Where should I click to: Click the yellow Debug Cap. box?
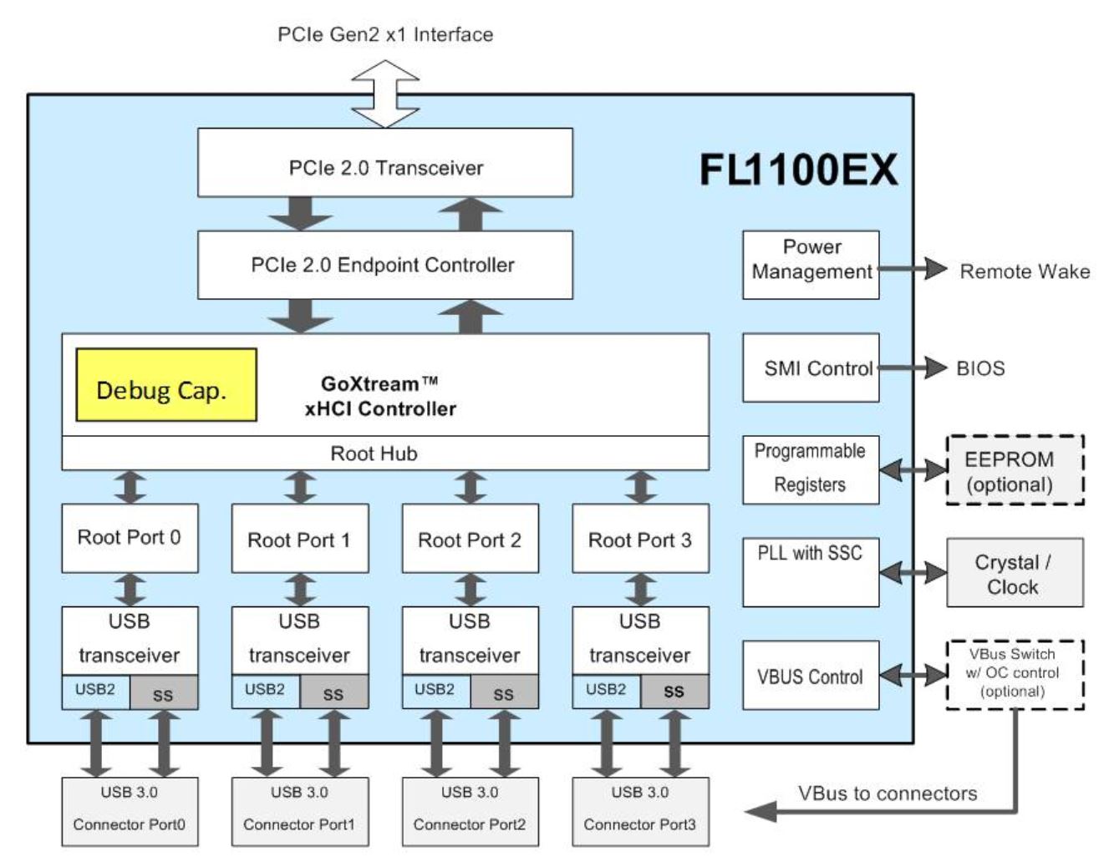(166, 385)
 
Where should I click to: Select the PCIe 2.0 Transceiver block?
(385, 163)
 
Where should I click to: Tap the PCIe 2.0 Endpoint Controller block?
(385, 265)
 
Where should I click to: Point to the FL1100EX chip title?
(798, 170)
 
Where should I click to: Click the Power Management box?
(811, 265)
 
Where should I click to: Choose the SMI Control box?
(811, 368)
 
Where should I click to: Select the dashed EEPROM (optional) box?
(1015, 470)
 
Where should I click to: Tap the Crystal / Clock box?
(1015, 573)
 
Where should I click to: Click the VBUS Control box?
(811, 676)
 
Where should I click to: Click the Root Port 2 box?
(470, 539)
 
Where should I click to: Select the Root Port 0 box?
(130, 538)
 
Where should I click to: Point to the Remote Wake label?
(1025, 271)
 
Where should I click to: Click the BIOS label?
(980, 368)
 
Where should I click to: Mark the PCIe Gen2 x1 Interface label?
(385, 35)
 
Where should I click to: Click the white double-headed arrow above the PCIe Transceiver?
(385, 94)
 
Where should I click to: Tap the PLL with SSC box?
(811, 572)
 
